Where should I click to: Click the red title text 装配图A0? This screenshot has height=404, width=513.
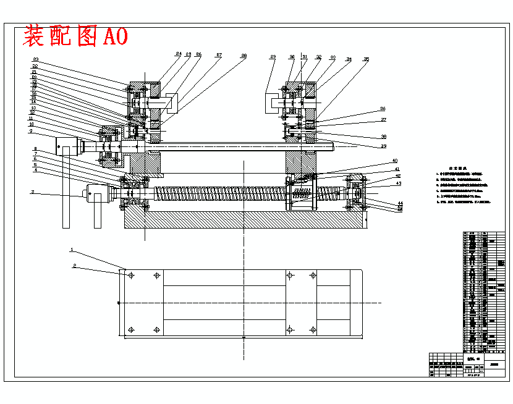pos(75,36)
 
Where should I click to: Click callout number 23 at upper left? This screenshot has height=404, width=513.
pos(36,59)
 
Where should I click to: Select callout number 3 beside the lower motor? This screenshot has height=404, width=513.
pos(32,192)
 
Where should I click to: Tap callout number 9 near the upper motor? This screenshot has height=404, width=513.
pos(30,131)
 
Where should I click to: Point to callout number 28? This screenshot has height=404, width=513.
pos(244,56)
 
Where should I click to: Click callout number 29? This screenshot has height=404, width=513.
pos(273,57)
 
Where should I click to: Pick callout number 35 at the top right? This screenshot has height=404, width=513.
pos(366,59)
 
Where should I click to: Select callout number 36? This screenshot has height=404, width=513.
pos(383,109)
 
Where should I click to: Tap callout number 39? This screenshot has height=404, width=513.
pos(383,146)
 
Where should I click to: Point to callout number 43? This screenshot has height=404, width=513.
pos(399,183)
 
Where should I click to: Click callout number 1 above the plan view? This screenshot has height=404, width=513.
pos(72,250)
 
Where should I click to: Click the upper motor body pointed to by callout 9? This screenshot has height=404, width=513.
pos(70,146)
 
